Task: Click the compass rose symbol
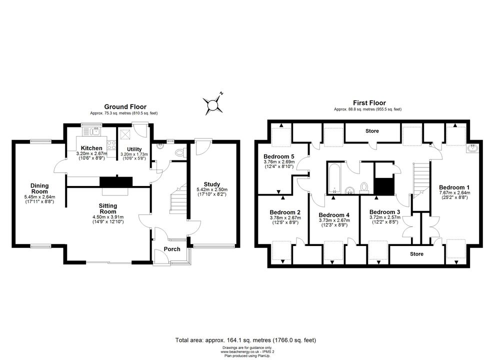[x=213, y=104]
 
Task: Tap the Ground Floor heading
[x=125, y=106]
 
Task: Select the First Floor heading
[x=369, y=103]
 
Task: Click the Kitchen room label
[x=91, y=148]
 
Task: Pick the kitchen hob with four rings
[x=111, y=145]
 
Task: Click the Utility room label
[x=134, y=149]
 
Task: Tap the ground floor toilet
[x=180, y=153]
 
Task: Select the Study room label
[x=212, y=184]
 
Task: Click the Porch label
[x=172, y=249]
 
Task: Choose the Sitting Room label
[x=108, y=208]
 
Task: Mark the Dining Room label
[x=39, y=188]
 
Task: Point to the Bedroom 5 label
[x=279, y=156]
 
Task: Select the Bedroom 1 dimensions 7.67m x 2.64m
[x=454, y=192]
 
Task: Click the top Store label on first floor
[x=372, y=131]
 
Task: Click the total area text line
[x=245, y=340]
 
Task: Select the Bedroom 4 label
[x=334, y=215]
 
